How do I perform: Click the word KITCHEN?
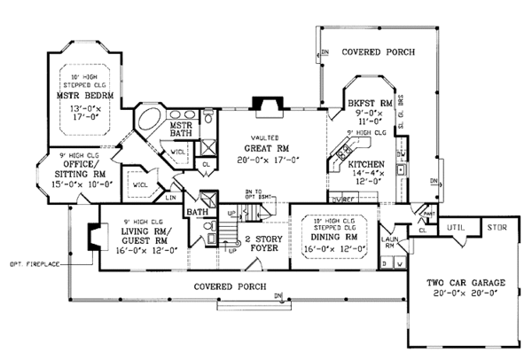pyautogui.click(x=365, y=166)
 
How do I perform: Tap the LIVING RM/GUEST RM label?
pyautogui.click(x=138, y=234)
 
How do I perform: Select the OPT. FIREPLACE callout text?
pyautogui.click(x=30, y=264)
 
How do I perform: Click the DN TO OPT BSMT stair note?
pyautogui.click(x=257, y=195)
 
